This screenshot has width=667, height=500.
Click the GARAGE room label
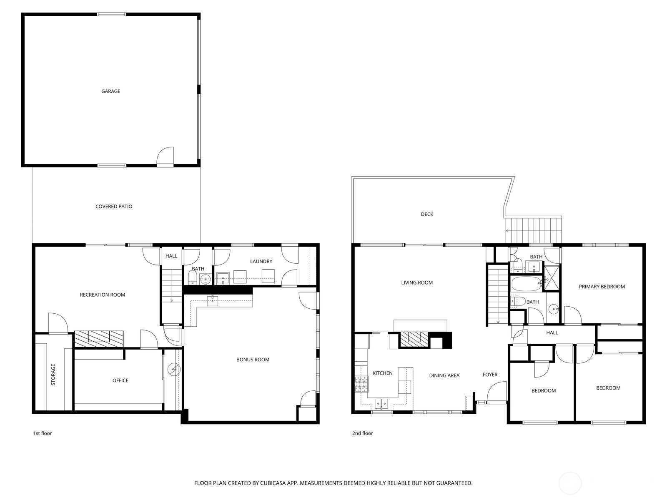click(x=110, y=91)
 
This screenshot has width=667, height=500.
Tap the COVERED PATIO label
click(x=114, y=206)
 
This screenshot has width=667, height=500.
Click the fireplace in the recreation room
click(x=99, y=338)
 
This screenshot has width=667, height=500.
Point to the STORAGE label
click(x=53, y=374)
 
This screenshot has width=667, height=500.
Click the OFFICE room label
click(x=120, y=380)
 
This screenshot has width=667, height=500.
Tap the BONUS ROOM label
click(x=253, y=360)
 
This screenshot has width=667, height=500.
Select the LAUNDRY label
click(x=261, y=261)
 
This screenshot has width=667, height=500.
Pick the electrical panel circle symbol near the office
click(x=173, y=369)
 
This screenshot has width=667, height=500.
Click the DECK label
click(x=427, y=214)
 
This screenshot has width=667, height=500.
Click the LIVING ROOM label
click(x=417, y=282)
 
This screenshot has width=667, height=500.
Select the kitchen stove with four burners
click(x=361, y=384)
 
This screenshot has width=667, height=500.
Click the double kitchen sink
click(x=381, y=403)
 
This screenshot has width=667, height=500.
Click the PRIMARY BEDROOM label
click(x=602, y=286)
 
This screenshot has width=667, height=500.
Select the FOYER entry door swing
click(x=497, y=392)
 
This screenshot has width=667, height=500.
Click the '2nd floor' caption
click(x=362, y=433)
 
